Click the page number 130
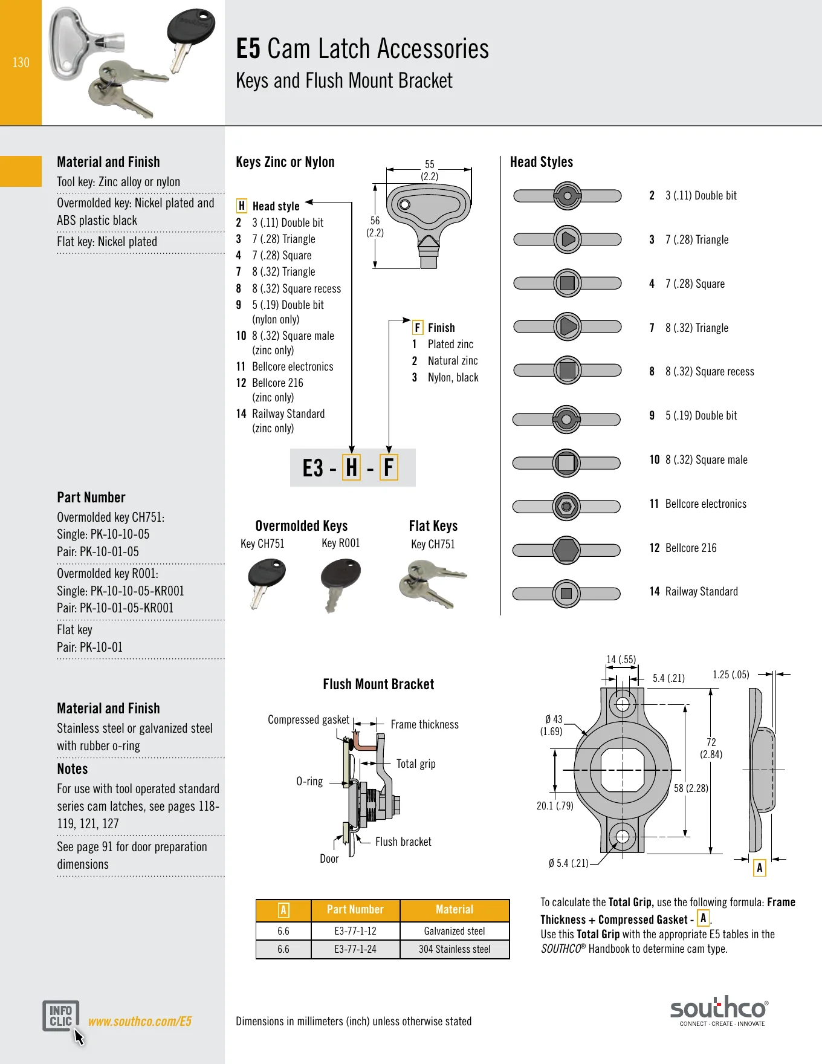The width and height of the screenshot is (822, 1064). [x=21, y=62]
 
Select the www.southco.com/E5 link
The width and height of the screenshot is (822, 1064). [x=140, y=1021]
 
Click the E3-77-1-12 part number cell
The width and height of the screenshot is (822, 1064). [x=355, y=931]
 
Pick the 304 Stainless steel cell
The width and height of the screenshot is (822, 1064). [x=455, y=949]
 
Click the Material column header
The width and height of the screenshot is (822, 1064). [x=455, y=910]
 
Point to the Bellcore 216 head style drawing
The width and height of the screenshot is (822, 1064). [x=566, y=550]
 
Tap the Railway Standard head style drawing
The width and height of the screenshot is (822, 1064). [x=566, y=594]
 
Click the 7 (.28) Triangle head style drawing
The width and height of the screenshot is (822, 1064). [x=568, y=239]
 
